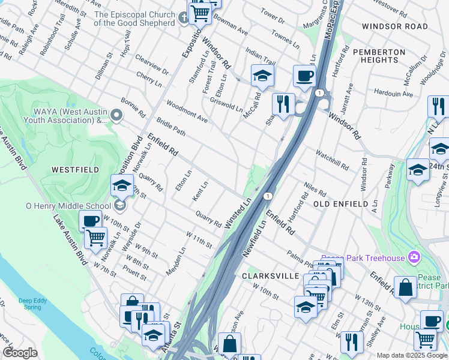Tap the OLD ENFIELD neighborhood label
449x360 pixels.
point(340,204)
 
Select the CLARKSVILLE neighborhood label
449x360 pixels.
point(270,275)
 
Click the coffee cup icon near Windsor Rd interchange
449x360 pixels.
point(304,76)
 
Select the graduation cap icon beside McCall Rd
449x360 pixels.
point(262,76)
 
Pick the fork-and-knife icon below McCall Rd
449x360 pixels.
point(283,104)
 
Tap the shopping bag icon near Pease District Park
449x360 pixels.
point(405,287)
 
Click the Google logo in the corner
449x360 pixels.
point(20,353)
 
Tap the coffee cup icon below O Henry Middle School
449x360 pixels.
point(90,221)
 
